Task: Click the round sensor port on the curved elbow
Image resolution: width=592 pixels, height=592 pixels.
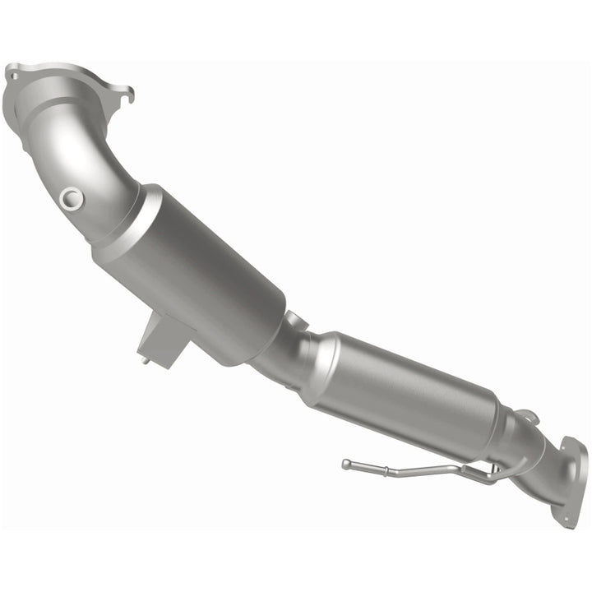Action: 72,197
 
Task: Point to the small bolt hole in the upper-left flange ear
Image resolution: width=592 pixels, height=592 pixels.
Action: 13,75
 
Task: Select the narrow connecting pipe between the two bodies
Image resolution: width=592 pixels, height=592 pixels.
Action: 284,354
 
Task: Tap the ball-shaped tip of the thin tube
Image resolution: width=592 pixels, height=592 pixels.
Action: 346,464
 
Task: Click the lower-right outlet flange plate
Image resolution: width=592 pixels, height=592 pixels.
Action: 571,481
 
